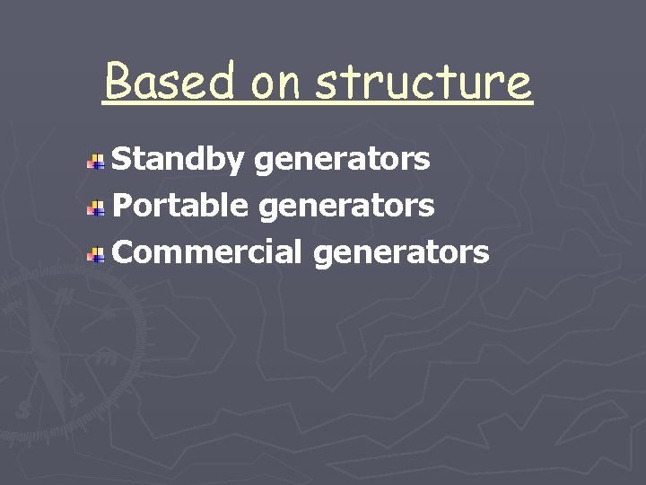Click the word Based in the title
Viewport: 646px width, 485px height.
coord(170,82)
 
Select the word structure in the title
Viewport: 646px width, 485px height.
coord(423,82)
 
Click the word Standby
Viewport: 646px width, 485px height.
coord(179,160)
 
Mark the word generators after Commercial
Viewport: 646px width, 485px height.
coord(401,253)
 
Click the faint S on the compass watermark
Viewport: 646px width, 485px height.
coord(24,409)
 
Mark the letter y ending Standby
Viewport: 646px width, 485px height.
coord(236,163)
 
